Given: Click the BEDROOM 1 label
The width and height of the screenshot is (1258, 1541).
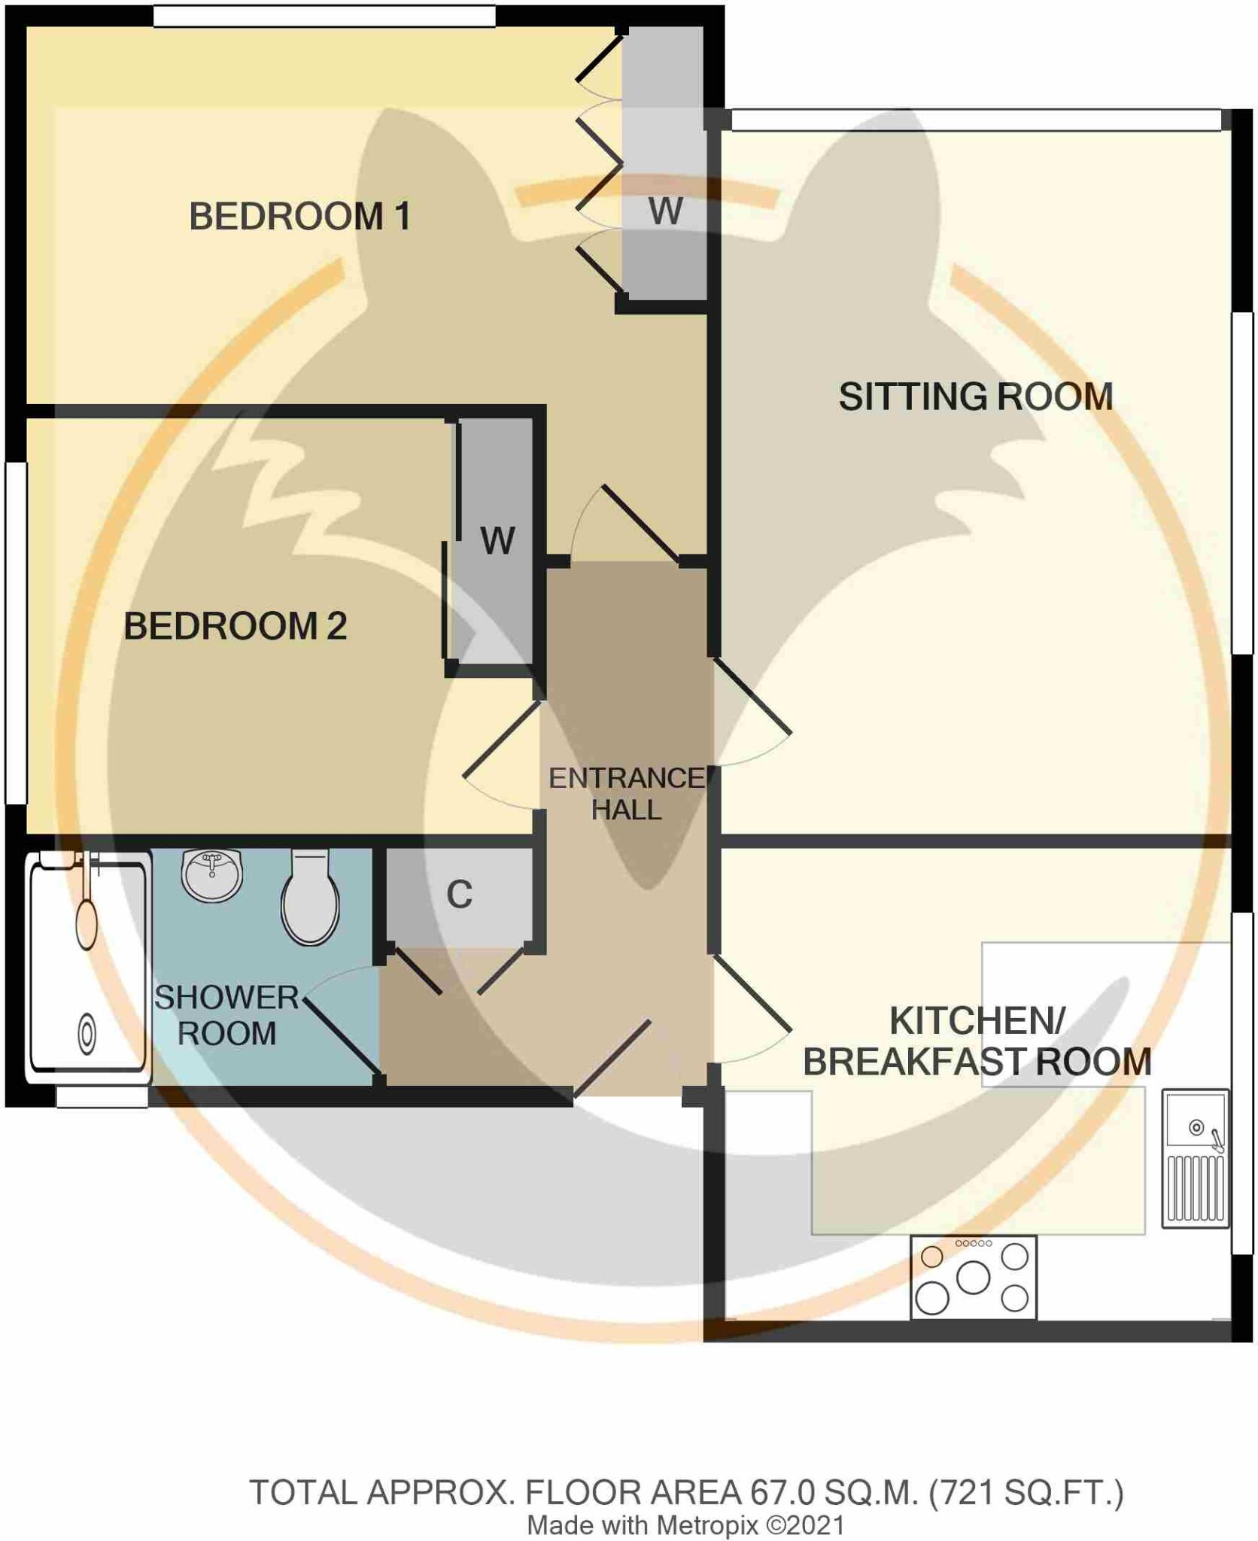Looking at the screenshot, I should pos(299,217).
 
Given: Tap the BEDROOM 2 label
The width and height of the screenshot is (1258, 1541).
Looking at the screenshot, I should pos(235,626).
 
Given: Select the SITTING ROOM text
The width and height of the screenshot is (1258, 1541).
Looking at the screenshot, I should pos(975,397).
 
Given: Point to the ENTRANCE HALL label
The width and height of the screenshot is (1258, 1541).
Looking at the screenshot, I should pos(626,794).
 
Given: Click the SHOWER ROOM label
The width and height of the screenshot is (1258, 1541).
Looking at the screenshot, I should pos(226,1015).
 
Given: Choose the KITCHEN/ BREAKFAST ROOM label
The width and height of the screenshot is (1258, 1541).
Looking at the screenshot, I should pos(977,1041).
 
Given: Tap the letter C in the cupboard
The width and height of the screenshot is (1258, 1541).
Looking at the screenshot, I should pos(459,895).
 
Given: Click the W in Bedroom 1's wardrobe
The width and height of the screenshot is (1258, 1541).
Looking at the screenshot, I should pos(665,211).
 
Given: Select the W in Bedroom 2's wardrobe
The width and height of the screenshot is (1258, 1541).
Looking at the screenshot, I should pos(497,540).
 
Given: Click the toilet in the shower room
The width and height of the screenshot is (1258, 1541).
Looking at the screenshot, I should pos(310,899).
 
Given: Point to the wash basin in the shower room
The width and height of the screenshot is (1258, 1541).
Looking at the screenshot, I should pos(212,875).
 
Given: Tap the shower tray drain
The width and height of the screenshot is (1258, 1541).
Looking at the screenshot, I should pos(87,1034).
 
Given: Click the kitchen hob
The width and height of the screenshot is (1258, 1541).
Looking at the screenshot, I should pos(973,1277).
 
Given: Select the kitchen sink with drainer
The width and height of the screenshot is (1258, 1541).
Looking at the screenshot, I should pos(1195,1159).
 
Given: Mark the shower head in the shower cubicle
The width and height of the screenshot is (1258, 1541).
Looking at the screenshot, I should pos(87,922).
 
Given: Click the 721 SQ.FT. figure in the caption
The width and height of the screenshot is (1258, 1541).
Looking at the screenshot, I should pos(1026,1493).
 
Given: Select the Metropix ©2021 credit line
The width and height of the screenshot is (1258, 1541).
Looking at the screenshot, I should pos(685,1525).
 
